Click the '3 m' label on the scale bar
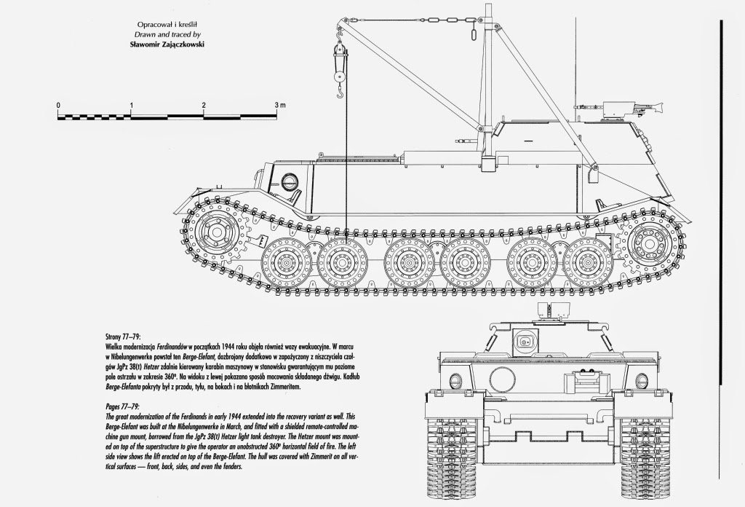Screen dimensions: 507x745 [x=280, y=106]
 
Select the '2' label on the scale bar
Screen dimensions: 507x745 [x=204, y=106]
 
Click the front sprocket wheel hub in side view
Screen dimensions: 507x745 [x=217, y=232]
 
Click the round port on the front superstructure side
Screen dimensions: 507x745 [x=289, y=180]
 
